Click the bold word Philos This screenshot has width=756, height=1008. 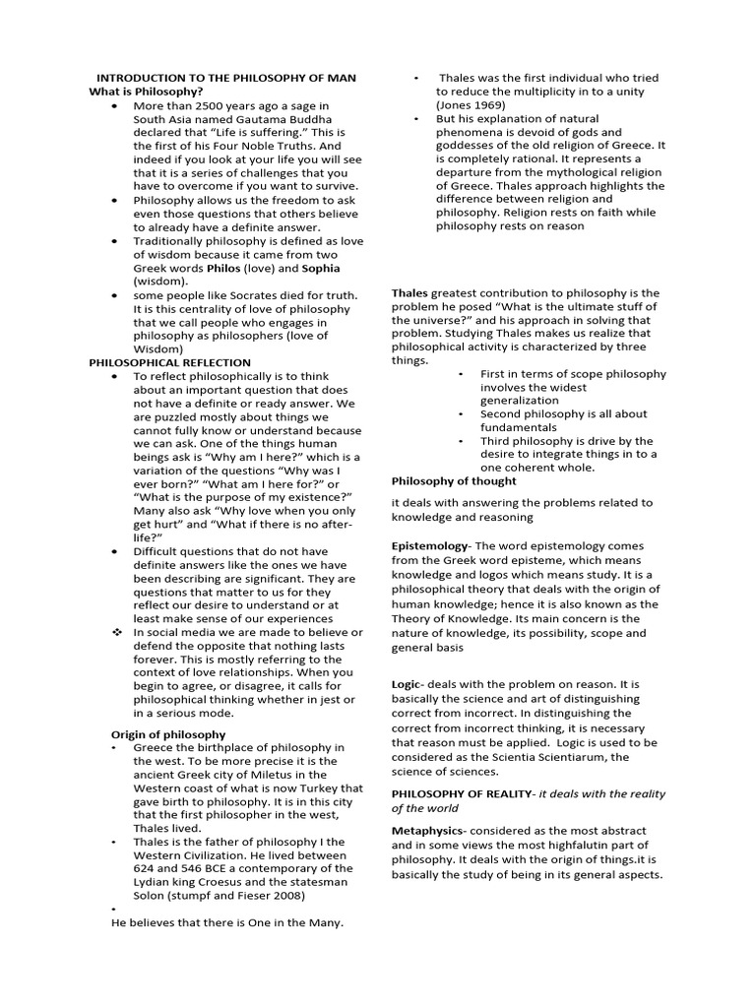223,267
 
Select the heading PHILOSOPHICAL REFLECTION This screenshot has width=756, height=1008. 169,362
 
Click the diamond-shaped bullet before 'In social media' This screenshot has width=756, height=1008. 115,632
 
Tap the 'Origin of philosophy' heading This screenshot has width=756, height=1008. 167,734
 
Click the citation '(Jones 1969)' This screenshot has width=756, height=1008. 472,104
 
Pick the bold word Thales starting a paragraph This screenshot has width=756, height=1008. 409,293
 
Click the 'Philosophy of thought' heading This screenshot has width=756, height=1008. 454,481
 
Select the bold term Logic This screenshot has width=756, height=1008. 407,682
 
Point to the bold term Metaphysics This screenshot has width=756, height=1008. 428,832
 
